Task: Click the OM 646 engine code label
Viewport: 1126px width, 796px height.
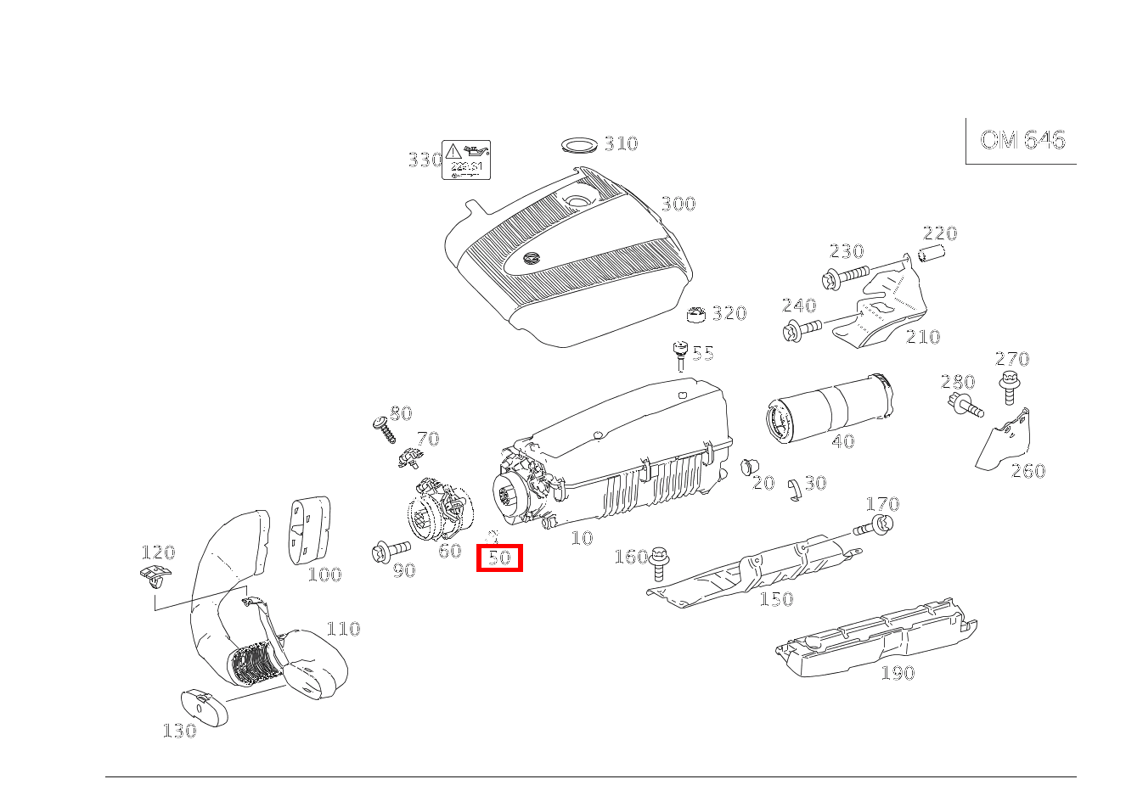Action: pyautogui.click(x=1022, y=140)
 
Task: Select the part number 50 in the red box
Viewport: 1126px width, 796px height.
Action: pyautogui.click(x=499, y=558)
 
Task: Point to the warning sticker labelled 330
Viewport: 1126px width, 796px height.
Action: pyautogui.click(x=466, y=160)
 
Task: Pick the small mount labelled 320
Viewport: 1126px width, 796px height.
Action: pyautogui.click(x=696, y=315)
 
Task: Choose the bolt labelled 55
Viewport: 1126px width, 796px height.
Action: pyautogui.click(x=679, y=356)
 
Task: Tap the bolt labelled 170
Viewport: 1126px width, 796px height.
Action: pyautogui.click(x=874, y=526)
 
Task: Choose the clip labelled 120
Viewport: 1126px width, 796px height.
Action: pyautogui.click(x=153, y=578)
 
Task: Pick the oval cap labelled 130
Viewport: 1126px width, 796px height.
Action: pyautogui.click(x=205, y=708)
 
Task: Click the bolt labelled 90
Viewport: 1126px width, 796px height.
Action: pyautogui.click(x=390, y=552)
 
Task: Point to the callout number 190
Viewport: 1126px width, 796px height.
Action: pyautogui.click(x=897, y=673)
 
